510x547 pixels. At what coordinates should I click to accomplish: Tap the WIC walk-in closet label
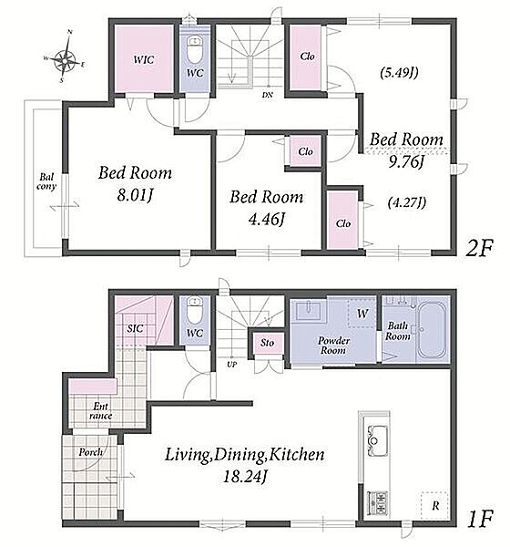click(x=143, y=59)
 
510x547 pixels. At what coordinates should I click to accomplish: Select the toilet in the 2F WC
click(x=195, y=50)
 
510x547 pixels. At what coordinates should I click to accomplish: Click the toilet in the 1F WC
click(x=195, y=309)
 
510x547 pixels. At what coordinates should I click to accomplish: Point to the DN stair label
click(x=268, y=95)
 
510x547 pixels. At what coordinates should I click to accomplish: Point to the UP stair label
click(x=232, y=365)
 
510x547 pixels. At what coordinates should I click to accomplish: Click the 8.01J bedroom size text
click(x=136, y=195)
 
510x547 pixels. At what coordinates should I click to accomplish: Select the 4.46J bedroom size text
click(x=267, y=220)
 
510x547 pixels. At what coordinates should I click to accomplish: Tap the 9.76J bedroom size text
click(x=406, y=162)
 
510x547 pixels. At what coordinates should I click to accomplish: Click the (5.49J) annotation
click(x=399, y=73)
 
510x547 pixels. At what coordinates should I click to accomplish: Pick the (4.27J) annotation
click(x=407, y=202)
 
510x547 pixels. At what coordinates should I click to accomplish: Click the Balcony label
click(x=46, y=181)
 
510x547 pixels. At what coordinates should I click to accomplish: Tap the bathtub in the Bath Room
click(x=432, y=330)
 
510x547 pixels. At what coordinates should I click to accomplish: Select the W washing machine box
click(x=362, y=313)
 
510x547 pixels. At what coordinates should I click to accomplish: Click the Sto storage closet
click(x=267, y=344)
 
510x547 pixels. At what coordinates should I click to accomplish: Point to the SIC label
click(x=135, y=328)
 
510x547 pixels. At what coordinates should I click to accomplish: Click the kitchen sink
click(x=375, y=440)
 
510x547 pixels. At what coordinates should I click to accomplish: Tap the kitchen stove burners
click(x=377, y=502)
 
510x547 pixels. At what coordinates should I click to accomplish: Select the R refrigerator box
click(x=434, y=505)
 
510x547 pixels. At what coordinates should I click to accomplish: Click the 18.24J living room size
click(x=245, y=477)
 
